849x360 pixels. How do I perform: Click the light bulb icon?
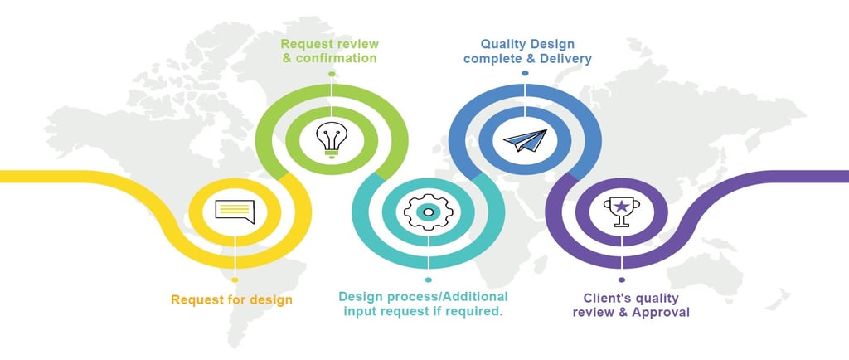331,139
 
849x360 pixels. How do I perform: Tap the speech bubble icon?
235,208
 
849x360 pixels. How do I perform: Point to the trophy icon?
619,211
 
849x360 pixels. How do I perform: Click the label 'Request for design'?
231,299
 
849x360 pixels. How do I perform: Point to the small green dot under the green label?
331,74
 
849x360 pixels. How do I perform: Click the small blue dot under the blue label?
525,74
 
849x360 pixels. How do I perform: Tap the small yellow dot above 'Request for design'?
235,280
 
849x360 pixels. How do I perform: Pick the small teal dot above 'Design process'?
428,280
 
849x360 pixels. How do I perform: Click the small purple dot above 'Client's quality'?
621,280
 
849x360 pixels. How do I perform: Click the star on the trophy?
619,204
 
